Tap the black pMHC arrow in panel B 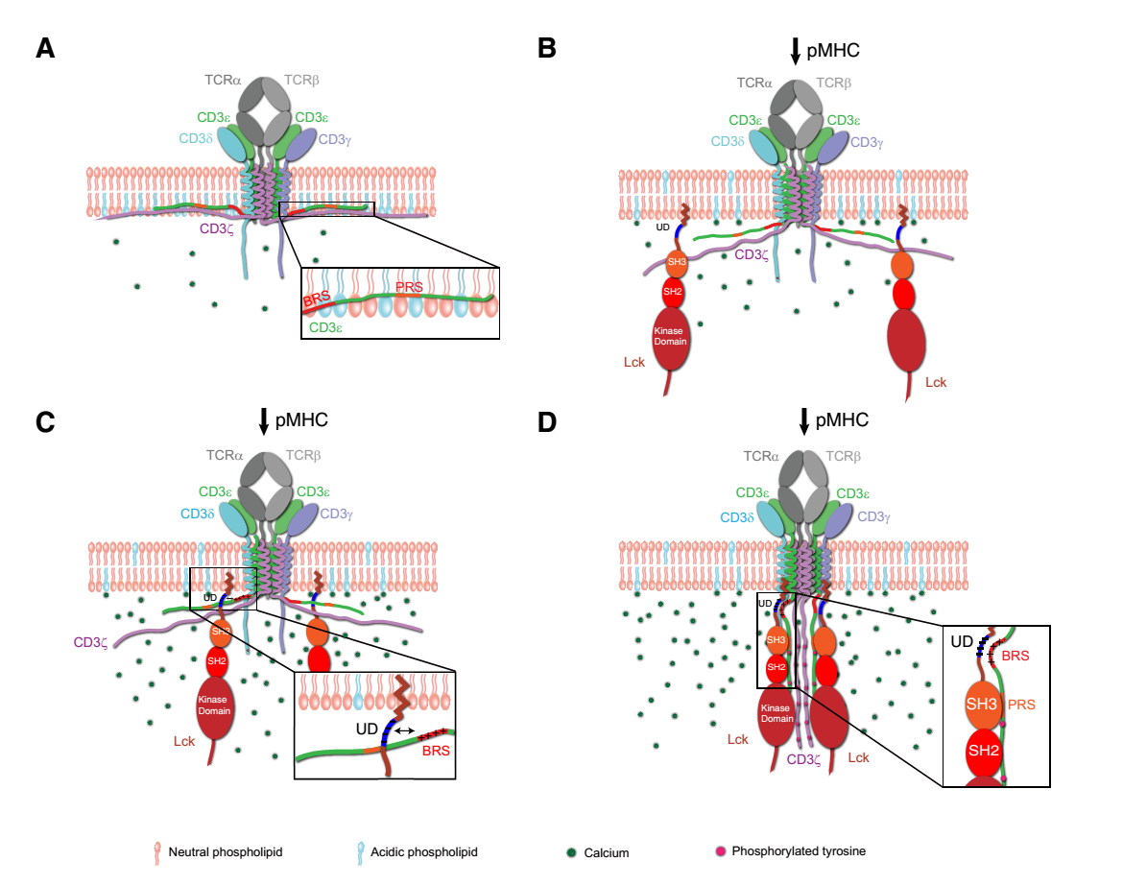(796, 51)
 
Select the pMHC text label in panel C (302, 419)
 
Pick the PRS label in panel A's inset (408, 286)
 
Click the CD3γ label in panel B (869, 142)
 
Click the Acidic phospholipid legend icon (361, 851)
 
